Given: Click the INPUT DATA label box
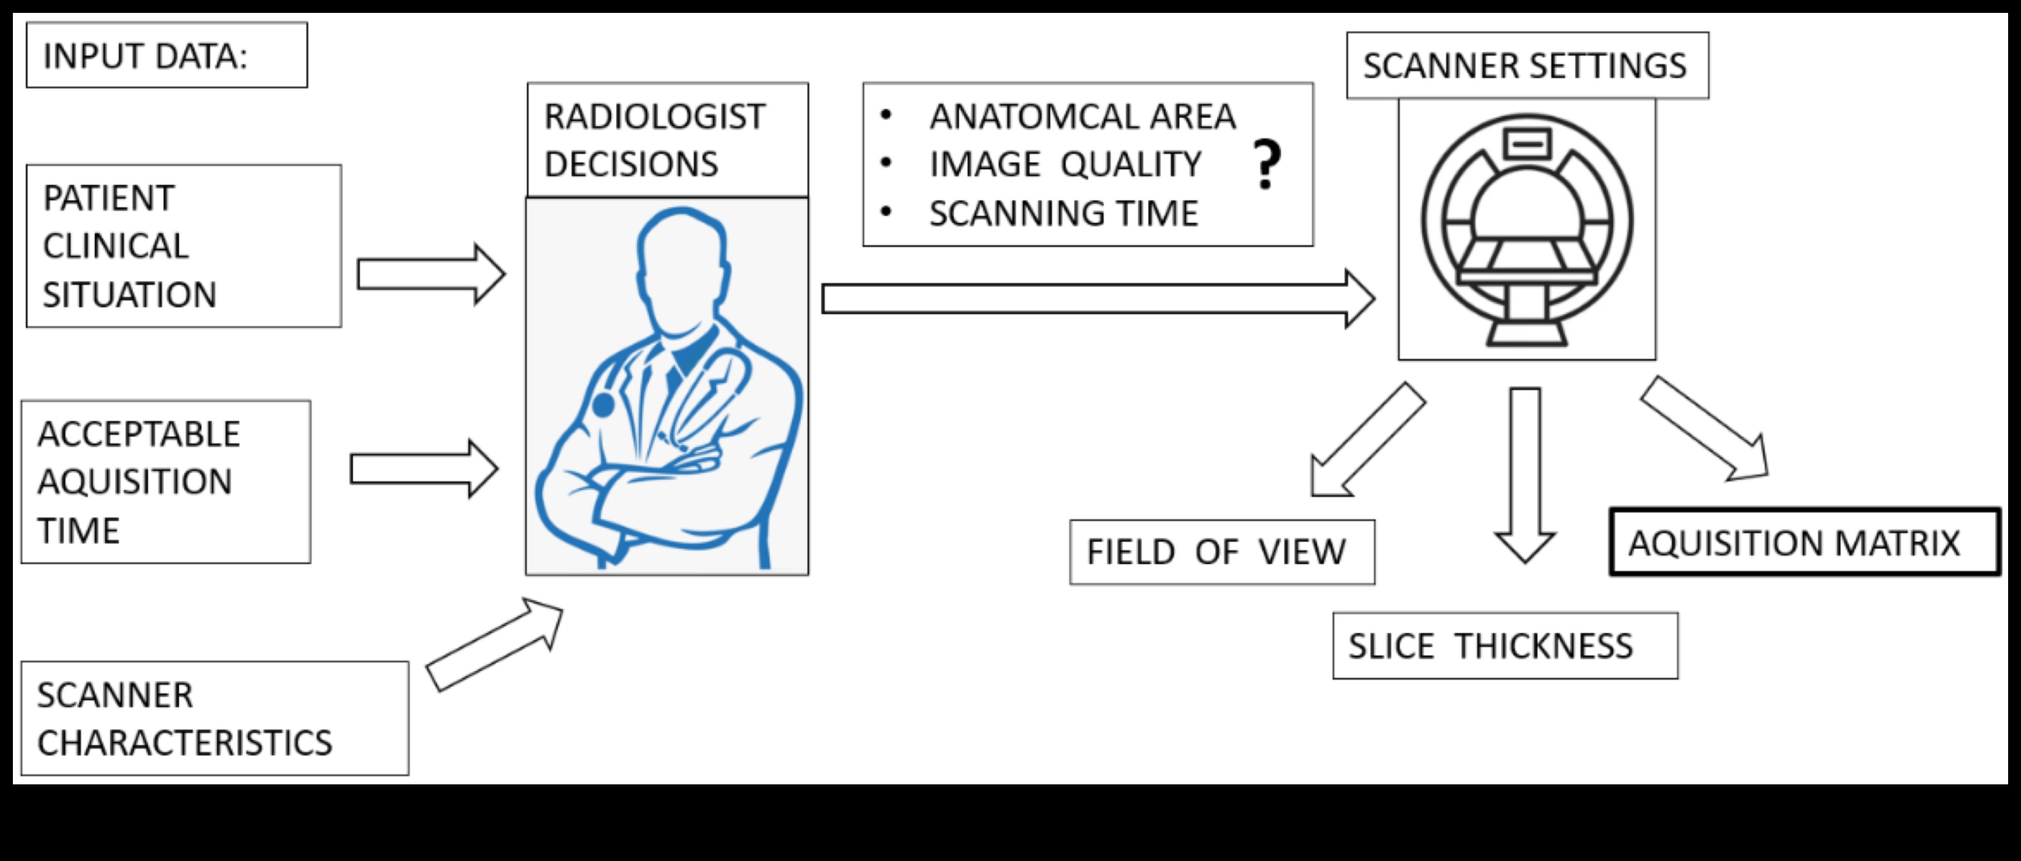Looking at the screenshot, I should coord(166,55).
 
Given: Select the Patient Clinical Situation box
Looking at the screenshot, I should coord(184,246).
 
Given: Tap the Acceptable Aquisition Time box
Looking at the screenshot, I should coord(166,482).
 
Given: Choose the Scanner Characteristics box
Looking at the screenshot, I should coord(214,718).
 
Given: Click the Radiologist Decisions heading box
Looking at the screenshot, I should coord(667,140).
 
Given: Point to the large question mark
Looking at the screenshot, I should coord(1266,165).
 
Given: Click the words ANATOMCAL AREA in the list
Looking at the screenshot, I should coord(1082,117).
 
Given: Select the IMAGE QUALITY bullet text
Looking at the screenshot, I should coord(1065,165).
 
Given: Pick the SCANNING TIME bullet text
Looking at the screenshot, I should coord(1063,213).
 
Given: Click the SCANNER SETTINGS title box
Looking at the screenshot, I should coord(1527,66).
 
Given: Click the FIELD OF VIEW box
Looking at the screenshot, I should coord(1222,552).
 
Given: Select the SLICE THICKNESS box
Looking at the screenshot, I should coord(1504,646).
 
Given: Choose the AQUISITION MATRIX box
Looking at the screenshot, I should coord(1805,543).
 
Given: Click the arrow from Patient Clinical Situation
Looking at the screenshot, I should coord(430,274).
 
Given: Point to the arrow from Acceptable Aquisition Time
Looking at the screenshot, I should coord(423,469).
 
